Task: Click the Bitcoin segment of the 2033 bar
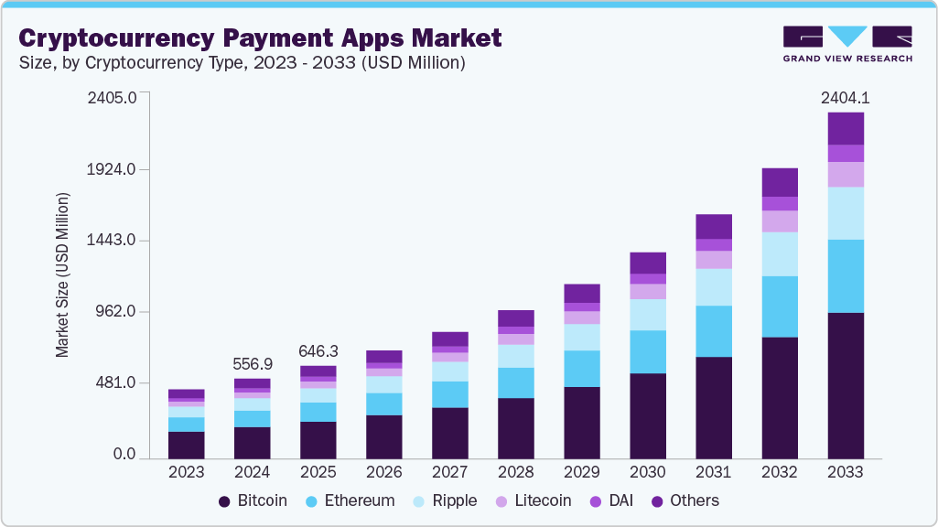[846, 384]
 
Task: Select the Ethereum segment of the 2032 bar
[780, 307]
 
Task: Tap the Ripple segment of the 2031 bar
[714, 286]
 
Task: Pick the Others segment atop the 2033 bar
[846, 128]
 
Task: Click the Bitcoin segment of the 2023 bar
[187, 444]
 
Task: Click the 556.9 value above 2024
[253, 363]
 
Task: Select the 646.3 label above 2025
[318, 350]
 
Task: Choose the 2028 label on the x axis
[516, 472]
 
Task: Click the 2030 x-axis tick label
[648, 472]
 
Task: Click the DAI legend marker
[594, 501]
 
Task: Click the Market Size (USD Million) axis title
[63, 274]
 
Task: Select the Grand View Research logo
[847, 43]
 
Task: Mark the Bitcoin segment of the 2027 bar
[450, 432]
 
